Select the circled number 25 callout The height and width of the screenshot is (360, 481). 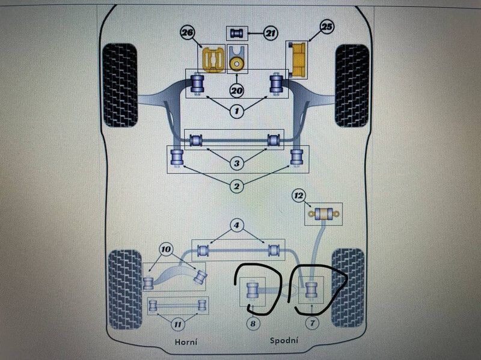[x=328, y=26]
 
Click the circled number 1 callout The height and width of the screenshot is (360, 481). [x=236, y=111]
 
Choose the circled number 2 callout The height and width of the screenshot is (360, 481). [x=236, y=187]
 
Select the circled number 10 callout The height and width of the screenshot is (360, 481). [x=166, y=249]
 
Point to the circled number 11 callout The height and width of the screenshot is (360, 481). [x=177, y=325]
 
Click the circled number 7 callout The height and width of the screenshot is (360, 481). [x=311, y=323]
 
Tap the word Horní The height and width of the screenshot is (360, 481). [x=185, y=341]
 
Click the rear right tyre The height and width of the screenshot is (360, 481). [x=349, y=282]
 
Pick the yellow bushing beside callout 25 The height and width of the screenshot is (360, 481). [x=298, y=61]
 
